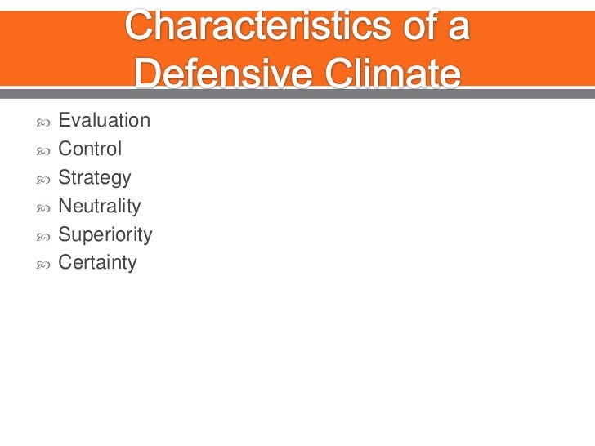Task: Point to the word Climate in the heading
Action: pos(392,75)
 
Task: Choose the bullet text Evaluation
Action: pos(104,121)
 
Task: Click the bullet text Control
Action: pos(90,149)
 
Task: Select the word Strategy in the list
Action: pos(95,178)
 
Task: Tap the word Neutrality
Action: pos(100,207)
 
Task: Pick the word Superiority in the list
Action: pos(105,235)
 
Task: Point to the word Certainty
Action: pos(97,263)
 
